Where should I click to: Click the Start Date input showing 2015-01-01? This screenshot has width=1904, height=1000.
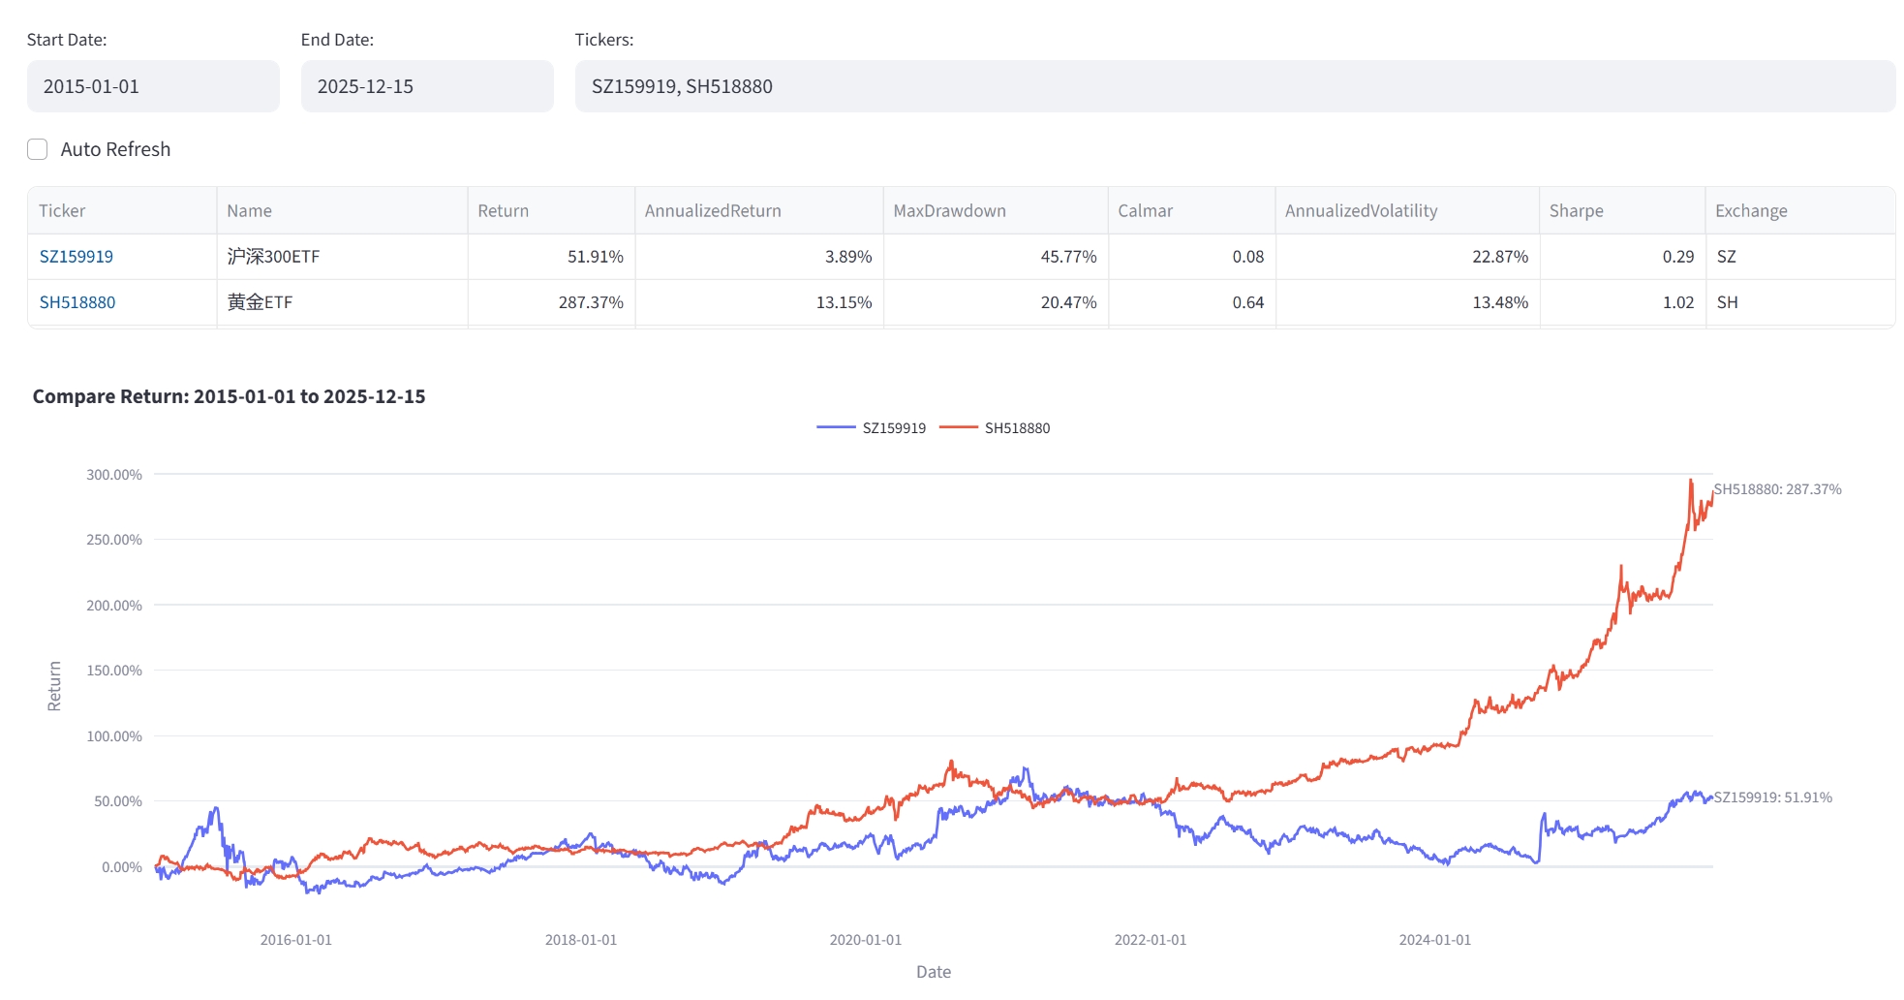click(152, 86)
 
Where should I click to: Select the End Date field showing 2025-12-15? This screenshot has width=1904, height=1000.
click(426, 86)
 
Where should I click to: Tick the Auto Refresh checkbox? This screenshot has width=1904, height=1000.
click(38, 149)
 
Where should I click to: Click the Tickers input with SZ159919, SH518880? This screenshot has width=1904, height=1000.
click(1234, 86)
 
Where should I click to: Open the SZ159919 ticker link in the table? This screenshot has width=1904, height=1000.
click(77, 257)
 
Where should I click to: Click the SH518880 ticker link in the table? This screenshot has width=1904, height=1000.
click(77, 302)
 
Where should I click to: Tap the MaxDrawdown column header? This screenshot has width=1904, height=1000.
click(949, 211)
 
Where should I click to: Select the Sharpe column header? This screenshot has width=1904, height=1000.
click(1576, 211)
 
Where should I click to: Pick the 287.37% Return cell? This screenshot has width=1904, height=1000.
click(591, 302)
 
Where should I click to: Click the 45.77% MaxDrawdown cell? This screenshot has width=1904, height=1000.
click(1068, 257)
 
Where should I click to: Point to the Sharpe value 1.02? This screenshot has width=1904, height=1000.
click(1677, 302)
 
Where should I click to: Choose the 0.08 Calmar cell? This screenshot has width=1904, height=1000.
click(1247, 257)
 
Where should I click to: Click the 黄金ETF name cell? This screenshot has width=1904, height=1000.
click(260, 302)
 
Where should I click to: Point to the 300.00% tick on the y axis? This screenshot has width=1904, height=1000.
click(114, 475)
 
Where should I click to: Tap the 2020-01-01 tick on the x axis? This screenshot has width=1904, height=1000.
click(865, 940)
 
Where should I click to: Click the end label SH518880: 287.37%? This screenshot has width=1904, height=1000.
click(1777, 489)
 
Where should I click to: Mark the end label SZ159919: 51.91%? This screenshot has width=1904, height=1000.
click(1772, 797)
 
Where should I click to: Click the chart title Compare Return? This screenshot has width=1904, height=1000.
click(229, 396)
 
